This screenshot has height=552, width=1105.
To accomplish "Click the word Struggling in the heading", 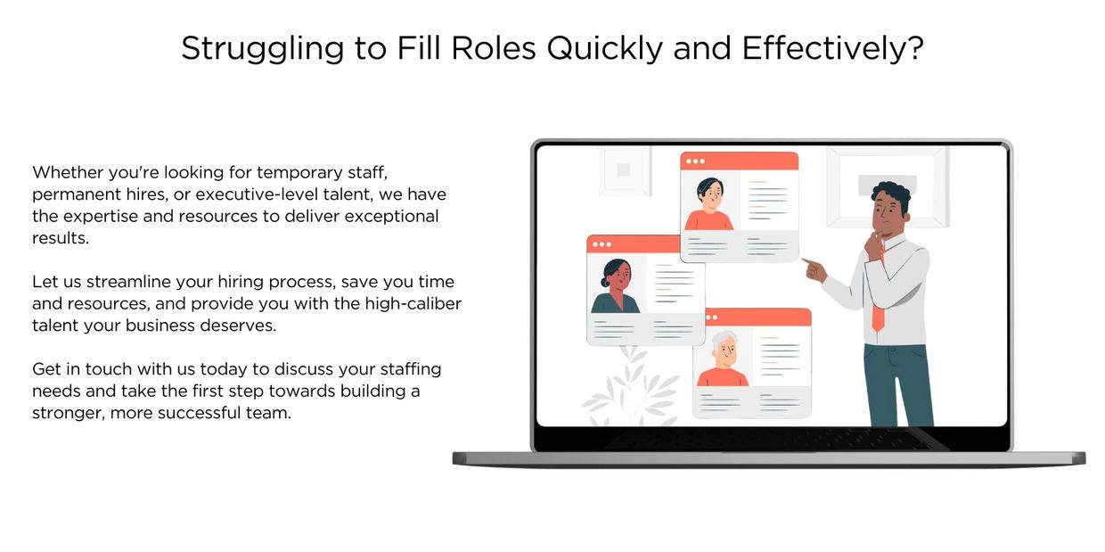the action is click(x=262, y=49).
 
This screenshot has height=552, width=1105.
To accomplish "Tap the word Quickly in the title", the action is click(x=604, y=49).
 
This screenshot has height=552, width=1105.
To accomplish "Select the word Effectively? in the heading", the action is click(x=832, y=48).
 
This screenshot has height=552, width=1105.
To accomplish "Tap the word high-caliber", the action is click(x=413, y=303).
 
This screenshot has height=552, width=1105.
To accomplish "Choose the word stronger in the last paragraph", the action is click(x=69, y=413).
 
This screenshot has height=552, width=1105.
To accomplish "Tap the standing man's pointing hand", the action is click(x=814, y=269).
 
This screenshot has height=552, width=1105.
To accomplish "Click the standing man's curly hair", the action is click(x=891, y=194).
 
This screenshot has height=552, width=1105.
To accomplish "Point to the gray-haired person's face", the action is click(x=724, y=351).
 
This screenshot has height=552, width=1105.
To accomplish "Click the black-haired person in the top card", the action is click(x=709, y=204).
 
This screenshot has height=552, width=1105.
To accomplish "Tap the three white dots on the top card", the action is click(x=696, y=161).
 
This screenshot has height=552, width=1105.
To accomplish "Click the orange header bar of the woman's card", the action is click(x=634, y=244).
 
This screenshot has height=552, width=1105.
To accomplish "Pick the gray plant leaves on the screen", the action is click(x=630, y=390).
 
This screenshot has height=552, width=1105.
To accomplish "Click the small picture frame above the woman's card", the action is click(x=625, y=169).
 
